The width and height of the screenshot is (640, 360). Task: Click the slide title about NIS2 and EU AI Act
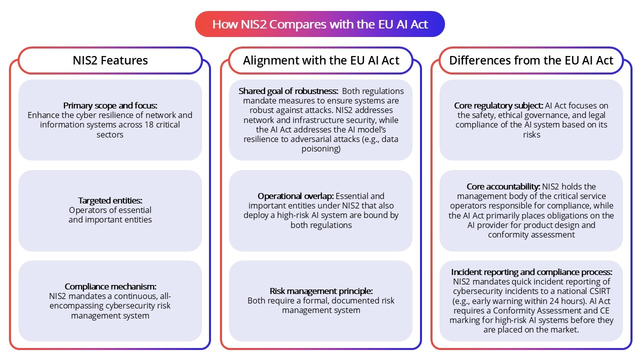(320, 24)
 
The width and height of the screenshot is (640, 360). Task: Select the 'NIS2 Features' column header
(110, 60)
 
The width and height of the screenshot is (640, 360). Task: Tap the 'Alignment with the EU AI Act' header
(321, 60)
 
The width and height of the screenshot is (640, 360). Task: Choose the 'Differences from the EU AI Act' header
(531, 60)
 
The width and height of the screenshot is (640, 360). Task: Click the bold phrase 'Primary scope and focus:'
(110, 105)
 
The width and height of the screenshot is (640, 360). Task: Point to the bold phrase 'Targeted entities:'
(110, 200)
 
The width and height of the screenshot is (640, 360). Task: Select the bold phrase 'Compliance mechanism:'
(110, 286)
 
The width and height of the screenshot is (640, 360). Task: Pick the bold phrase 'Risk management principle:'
(321, 291)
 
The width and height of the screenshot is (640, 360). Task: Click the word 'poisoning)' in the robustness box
(320, 148)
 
